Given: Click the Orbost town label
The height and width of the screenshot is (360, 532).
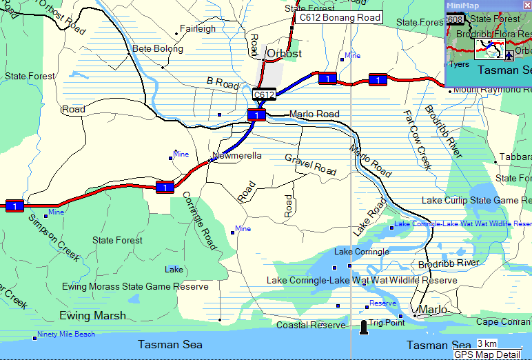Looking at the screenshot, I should (x=284, y=52).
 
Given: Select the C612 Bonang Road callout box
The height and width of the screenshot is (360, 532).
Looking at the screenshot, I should (x=338, y=18).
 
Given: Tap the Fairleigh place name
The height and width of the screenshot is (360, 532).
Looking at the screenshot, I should (x=197, y=29).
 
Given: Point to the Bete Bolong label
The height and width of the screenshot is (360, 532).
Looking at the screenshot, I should (x=158, y=49).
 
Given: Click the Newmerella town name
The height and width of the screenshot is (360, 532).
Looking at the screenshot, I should (x=238, y=156).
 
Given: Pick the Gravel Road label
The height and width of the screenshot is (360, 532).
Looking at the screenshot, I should (x=310, y=163).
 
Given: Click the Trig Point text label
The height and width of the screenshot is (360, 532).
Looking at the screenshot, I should (x=386, y=323).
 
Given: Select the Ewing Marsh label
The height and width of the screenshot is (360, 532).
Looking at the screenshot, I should (x=93, y=315).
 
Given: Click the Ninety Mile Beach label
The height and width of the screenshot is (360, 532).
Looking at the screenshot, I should (x=65, y=334).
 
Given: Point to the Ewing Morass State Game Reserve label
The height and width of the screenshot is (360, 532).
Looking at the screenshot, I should (x=135, y=286).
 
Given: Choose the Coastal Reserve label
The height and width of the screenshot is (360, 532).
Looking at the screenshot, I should (x=311, y=325).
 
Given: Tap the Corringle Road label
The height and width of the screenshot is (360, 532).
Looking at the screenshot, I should (x=199, y=220).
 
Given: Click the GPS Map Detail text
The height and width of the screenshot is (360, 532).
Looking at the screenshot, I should (x=487, y=354).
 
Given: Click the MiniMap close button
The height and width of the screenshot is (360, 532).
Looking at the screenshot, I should (x=526, y=5).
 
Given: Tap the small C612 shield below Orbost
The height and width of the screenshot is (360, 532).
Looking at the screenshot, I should (x=264, y=94).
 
